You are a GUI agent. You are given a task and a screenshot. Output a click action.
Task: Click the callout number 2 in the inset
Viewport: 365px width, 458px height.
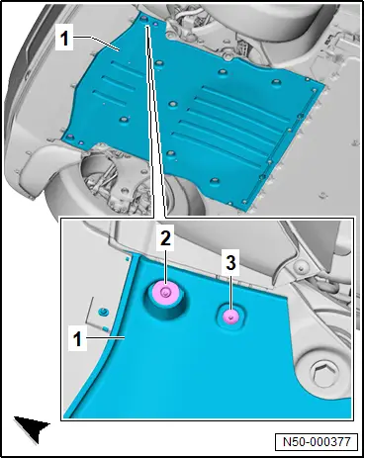tap(165, 238)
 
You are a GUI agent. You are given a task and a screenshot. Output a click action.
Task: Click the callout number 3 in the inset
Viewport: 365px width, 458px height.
tap(230, 263)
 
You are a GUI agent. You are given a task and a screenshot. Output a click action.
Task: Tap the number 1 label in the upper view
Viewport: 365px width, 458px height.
tap(64, 38)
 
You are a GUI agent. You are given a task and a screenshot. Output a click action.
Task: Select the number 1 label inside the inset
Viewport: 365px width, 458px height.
tap(77, 339)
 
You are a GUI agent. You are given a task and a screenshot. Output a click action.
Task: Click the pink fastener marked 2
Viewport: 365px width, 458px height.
tap(166, 292)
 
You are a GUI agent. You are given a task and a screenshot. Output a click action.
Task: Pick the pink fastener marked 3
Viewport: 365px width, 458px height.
tap(230, 318)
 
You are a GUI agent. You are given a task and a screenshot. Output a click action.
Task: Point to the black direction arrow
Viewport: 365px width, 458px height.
tap(32, 428)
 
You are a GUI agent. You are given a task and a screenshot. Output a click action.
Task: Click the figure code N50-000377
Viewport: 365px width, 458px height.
tap(317, 441)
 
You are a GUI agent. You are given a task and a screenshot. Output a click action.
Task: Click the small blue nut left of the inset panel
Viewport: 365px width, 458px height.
tap(104, 312)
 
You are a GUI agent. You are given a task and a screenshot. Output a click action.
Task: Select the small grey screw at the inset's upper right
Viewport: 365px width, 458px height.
tap(301, 266)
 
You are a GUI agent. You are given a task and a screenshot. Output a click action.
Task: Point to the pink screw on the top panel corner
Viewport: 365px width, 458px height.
tap(155, 24)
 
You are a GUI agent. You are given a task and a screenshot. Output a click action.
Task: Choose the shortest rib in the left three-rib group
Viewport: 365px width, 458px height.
tap(109, 98)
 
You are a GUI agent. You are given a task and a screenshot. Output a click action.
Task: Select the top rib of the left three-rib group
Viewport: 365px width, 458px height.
tap(128, 69)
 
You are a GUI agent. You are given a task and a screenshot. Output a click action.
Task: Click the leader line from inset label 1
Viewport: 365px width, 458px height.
tap(104, 337)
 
